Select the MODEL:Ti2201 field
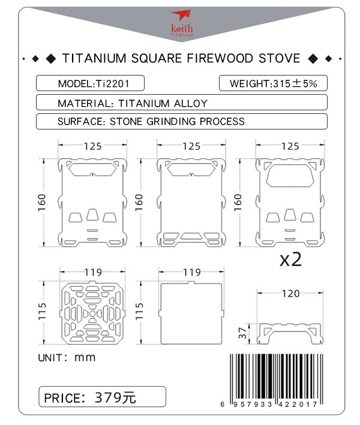point(90,83)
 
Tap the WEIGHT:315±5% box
point(274,83)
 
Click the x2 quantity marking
point(290,260)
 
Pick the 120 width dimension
point(291,294)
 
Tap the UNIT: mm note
point(67,358)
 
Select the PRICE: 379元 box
point(102,397)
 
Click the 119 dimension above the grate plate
point(92,272)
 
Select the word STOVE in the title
point(280,59)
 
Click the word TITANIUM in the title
point(94,59)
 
